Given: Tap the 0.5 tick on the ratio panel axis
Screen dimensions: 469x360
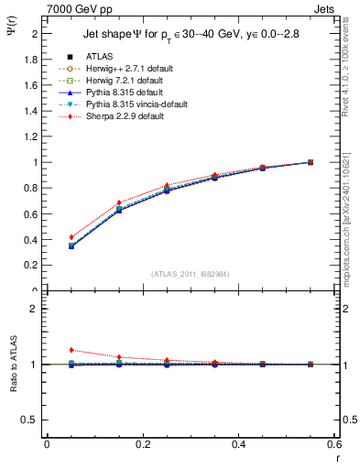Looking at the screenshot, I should point(31,420).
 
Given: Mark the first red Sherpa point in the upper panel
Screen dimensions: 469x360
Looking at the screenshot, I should point(71,237).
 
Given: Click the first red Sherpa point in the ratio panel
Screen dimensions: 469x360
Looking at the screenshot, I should point(71,350).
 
